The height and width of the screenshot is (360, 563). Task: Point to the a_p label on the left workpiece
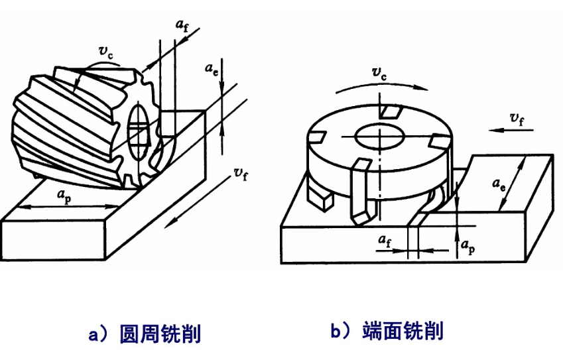(x=64, y=197)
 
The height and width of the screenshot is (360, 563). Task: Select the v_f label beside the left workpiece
(x=241, y=173)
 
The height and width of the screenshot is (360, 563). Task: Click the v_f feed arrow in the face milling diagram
(x=513, y=131)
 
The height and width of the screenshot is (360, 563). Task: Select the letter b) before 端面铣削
(x=340, y=330)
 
